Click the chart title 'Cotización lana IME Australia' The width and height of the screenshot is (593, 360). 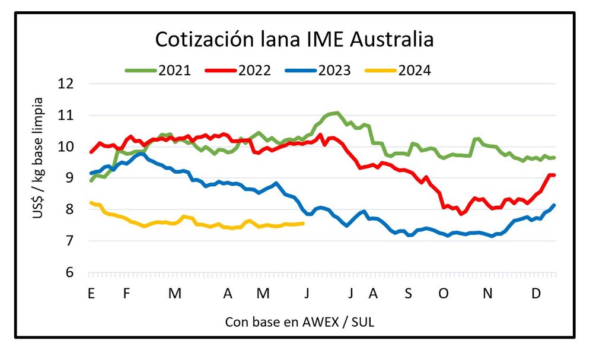pos(294,39)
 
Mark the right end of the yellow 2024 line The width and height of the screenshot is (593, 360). pos(304,224)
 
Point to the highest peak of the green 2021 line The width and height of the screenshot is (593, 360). pos(336,113)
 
